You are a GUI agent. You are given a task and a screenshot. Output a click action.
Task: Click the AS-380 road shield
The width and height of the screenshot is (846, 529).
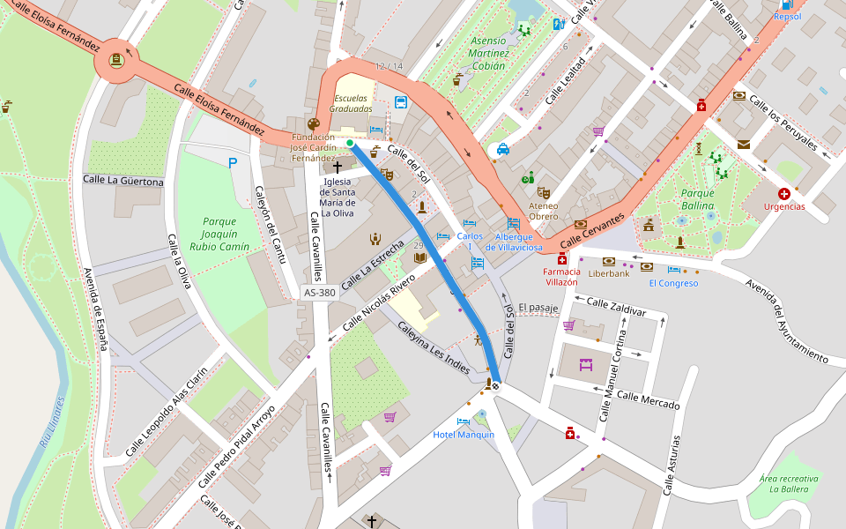pyautogui.click(x=319, y=292)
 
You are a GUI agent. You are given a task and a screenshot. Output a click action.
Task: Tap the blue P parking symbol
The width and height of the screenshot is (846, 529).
pyautogui.click(x=233, y=162)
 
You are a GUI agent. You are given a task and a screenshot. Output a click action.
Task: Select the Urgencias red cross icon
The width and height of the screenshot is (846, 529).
pyautogui.click(x=783, y=193)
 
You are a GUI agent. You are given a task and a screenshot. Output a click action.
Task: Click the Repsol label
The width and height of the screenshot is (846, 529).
pyautogui.click(x=787, y=16)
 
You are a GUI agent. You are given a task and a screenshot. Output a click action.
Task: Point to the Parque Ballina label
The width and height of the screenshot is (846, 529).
pyautogui.click(x=697, y=199)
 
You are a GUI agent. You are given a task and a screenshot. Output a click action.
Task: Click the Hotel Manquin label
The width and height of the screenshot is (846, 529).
pyautogui.click(x=464, y=435)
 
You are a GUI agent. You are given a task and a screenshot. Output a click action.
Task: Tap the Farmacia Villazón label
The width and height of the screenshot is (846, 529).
pyautogui.click(x=560, y=277)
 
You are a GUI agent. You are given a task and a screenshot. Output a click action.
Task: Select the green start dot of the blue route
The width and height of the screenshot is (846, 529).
pyautogui.click(x=350, y=143)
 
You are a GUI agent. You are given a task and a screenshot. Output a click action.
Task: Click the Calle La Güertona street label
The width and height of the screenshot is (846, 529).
pyautogui.click(x=123, y=182)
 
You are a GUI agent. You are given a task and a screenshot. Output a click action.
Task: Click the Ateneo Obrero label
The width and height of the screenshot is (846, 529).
pyautogui.click(x=543, y=211)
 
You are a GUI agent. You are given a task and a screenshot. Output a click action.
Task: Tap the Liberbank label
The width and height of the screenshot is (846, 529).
pyautogui.click(x=609, y=273)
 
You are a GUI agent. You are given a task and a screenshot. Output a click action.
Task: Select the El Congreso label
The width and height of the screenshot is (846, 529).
pyautogui.click(x=673, y=283)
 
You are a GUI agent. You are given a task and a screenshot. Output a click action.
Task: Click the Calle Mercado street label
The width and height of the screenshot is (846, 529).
pyautogui.click(x=648, y=399)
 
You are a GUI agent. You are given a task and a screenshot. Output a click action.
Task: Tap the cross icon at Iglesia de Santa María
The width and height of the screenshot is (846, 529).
pyautogui.click(x=337, y=166)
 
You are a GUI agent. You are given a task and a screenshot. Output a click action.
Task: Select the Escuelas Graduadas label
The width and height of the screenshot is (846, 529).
pyautogui.click(x=351, y=103)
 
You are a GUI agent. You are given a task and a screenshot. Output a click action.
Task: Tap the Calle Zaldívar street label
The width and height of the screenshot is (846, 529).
pyautogui.click(x=616, y=308)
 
